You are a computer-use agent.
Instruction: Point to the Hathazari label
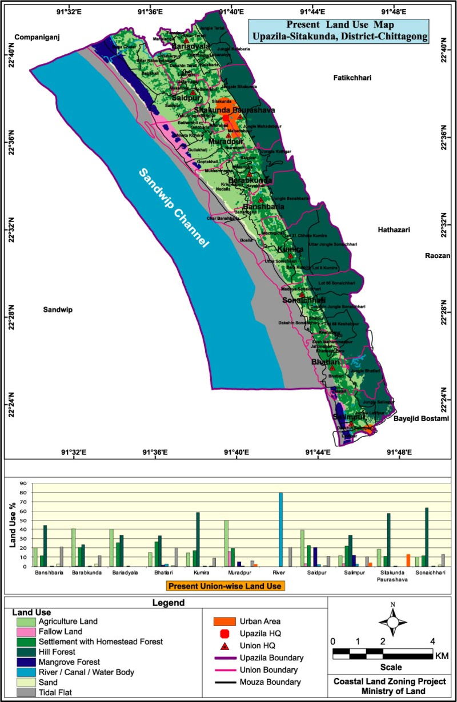coord(394,230)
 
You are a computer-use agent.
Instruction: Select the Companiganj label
coord(37,38)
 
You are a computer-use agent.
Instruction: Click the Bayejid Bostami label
coord(421,419)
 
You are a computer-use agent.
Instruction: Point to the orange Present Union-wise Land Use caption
coord(226,585)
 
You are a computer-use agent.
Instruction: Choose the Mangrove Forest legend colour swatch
coord(25,662)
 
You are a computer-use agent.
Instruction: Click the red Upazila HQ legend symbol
coord(224,634)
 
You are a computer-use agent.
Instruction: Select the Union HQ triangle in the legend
coord(224,646)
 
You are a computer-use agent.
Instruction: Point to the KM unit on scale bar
coord(442,656)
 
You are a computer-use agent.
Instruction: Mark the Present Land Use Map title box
coord(338,31)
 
